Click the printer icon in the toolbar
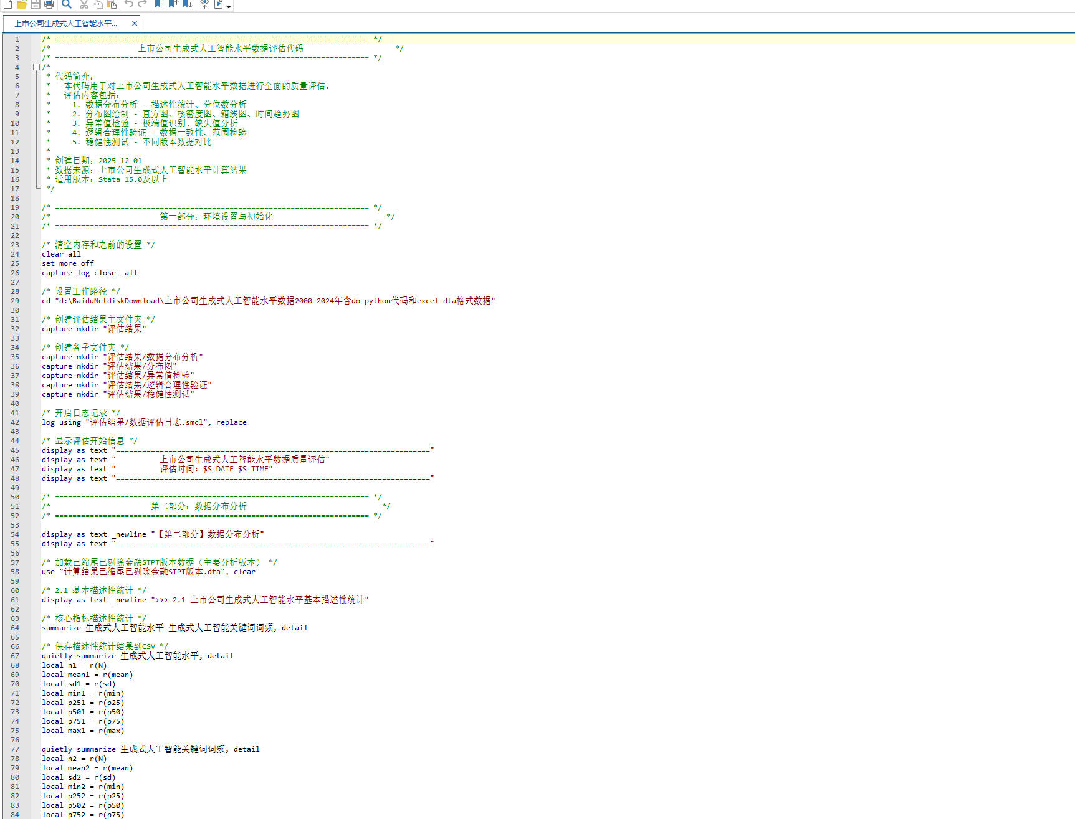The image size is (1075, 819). pyautogui.click(x=49, y=4)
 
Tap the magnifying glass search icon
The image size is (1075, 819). pyautogui.click(x=67, y=4)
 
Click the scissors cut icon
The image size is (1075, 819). pyautogui.click(x=84, y=4)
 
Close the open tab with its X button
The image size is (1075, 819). pyautogui.click(x=134, y=24)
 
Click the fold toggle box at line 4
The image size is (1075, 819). pyautogui.click(x=36, y=67)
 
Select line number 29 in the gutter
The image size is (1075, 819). pyautogui.click(x=15, y=301)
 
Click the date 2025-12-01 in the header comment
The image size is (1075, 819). pyautogui.click(x=120, y=161)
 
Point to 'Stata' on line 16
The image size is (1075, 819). pyautogui.click(x=109, y=179)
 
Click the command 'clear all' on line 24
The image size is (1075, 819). pyautogui.click(x=61, y=254)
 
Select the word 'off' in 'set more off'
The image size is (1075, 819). pyautogui.click(x=87, y=263)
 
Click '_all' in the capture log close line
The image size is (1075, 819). pyautogui.click(x=129, y=273)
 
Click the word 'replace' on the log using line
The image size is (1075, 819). pyautogui.click(x=231, y=422)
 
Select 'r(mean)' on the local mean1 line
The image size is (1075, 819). pyautogui.click(x=118, y=675)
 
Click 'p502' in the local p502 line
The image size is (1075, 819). pyautogui.click(x=77, y=805)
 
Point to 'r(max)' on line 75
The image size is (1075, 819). pyautogui.click(x=112, y=731)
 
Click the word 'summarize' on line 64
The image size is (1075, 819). pyautogui.click(x=61, y=628)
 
